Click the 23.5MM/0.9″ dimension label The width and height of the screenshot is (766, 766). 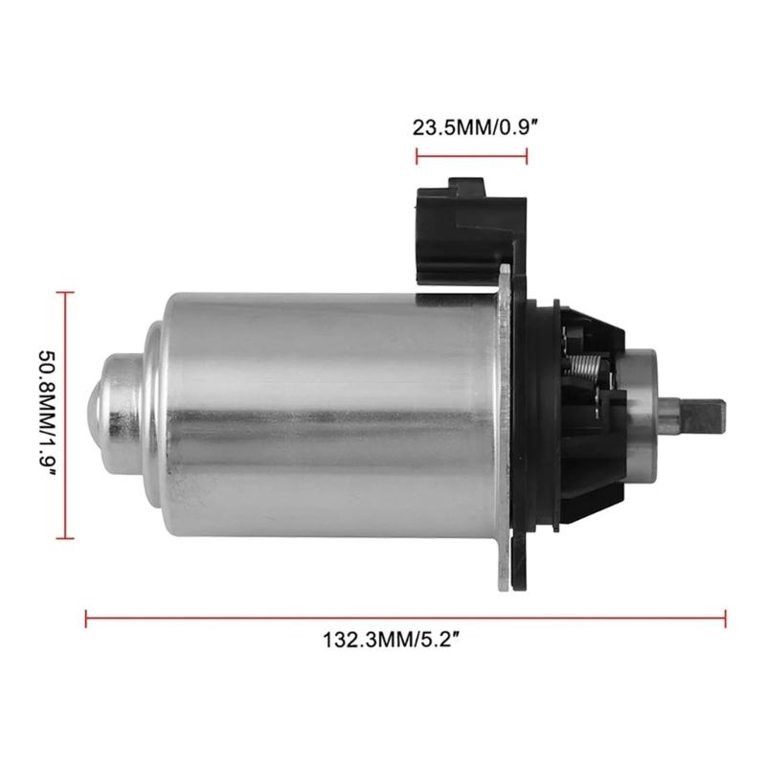[x=470, y=127]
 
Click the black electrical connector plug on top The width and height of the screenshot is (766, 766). [x=469, y=225]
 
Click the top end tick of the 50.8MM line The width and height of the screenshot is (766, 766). [x=64, y=294]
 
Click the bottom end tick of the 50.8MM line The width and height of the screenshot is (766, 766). [x=64, y=537]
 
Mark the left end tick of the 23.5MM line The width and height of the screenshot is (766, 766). [x=416, y=157]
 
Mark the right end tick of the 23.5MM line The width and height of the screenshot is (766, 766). [x=526, y=157]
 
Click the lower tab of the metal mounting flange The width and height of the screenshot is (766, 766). [x=514, y=565]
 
